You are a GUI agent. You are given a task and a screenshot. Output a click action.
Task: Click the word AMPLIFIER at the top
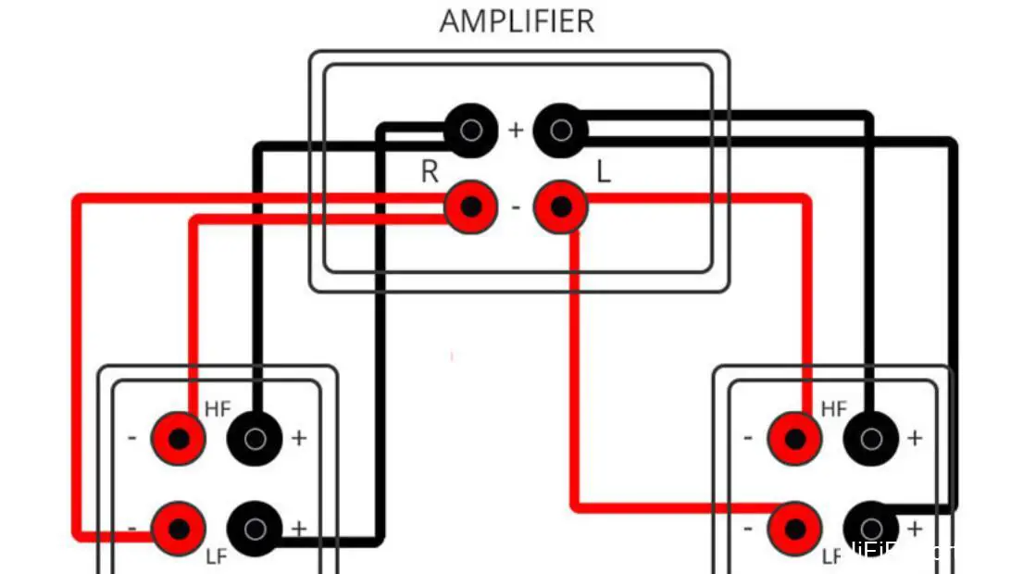(517, 20)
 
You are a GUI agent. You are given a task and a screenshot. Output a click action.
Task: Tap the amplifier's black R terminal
(470, 130)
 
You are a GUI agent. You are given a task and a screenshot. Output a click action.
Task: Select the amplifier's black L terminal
(560, 130)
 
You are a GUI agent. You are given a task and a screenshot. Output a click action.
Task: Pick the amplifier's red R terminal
(470, 206)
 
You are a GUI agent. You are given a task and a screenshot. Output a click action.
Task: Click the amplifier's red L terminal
(560, 206)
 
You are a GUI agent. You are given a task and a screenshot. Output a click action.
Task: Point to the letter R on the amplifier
(430, 172)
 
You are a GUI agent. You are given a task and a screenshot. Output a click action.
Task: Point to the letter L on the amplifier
(604, 172)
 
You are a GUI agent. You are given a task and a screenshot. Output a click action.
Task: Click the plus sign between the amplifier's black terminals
(516, 131)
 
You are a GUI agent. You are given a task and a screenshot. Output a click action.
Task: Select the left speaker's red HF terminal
(178, 438)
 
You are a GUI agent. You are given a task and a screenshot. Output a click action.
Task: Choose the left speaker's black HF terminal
(255, 438)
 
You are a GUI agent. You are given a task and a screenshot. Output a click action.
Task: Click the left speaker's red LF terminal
(178, 529)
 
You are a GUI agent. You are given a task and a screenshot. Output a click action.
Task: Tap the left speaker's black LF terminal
(255, 529)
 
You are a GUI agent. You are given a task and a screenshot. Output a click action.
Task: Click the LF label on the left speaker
(217, 558)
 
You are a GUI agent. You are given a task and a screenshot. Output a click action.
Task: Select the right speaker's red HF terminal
(794, 438)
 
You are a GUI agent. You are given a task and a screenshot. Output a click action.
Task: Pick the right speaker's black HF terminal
(870, 438)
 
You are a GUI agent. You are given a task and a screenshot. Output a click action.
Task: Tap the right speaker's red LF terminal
(794, 529)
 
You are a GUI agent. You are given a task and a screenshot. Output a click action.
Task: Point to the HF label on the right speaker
(833, 408)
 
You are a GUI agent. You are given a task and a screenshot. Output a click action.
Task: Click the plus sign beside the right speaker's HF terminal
(915, 438)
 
